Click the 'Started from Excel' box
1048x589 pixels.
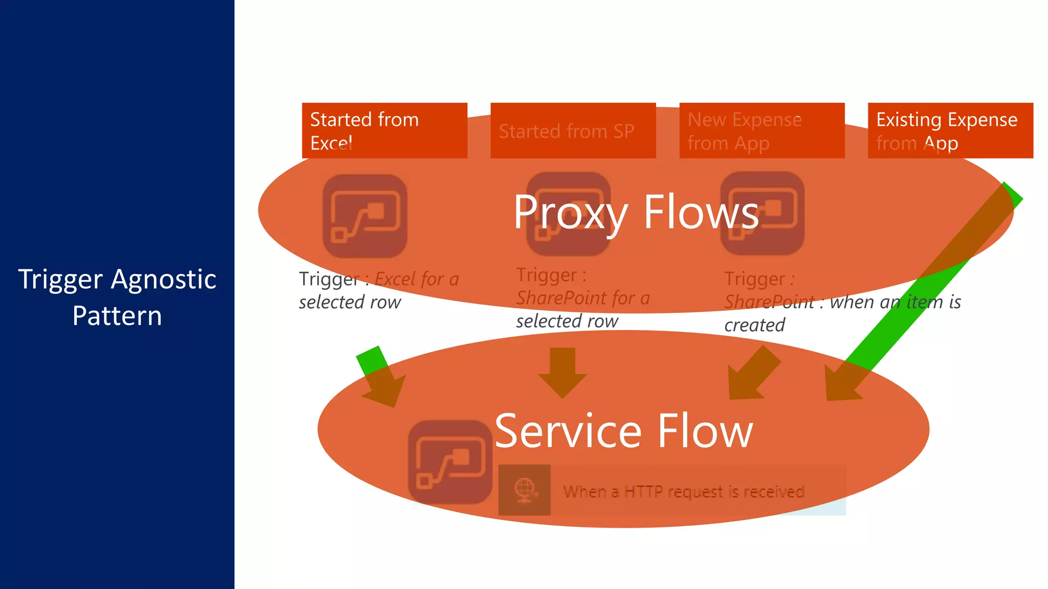coord(384,130)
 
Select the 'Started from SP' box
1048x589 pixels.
coord(573,130)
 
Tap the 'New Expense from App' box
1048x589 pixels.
coord(761,130)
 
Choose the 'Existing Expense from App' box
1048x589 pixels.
coord(950,130)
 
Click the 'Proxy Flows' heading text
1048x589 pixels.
coord(636,212)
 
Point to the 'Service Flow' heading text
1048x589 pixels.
coord(623,431)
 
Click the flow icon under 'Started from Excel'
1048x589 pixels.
coord(365,216)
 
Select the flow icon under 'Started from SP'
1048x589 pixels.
coord(568,215)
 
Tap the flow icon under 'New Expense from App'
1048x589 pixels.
coord(762,214)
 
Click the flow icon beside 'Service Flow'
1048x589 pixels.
coord(450,462)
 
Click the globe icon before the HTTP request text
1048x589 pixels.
coord(525,490)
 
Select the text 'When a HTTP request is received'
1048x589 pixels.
coord(684,491)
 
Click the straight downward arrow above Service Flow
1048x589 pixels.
coord(562,372)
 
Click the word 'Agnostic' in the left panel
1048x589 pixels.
coord(163,280)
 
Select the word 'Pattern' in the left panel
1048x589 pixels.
coord(117,316)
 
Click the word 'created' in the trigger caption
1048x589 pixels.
coord(754,325)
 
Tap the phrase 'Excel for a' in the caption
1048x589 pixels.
coord(417,279)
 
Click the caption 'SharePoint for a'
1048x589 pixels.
coord(583,298)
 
